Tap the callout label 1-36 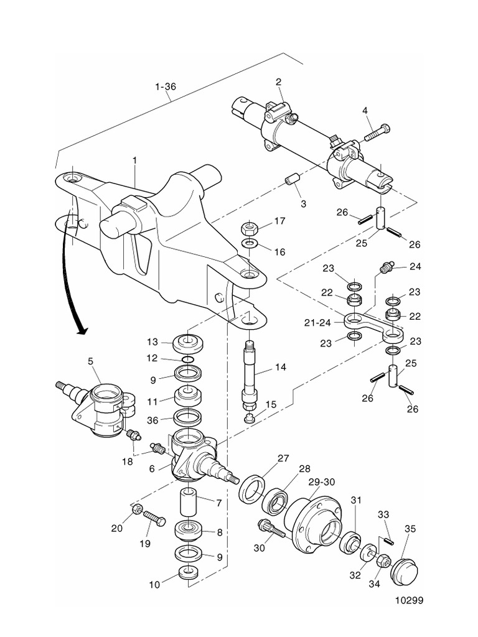click(166, 87)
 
